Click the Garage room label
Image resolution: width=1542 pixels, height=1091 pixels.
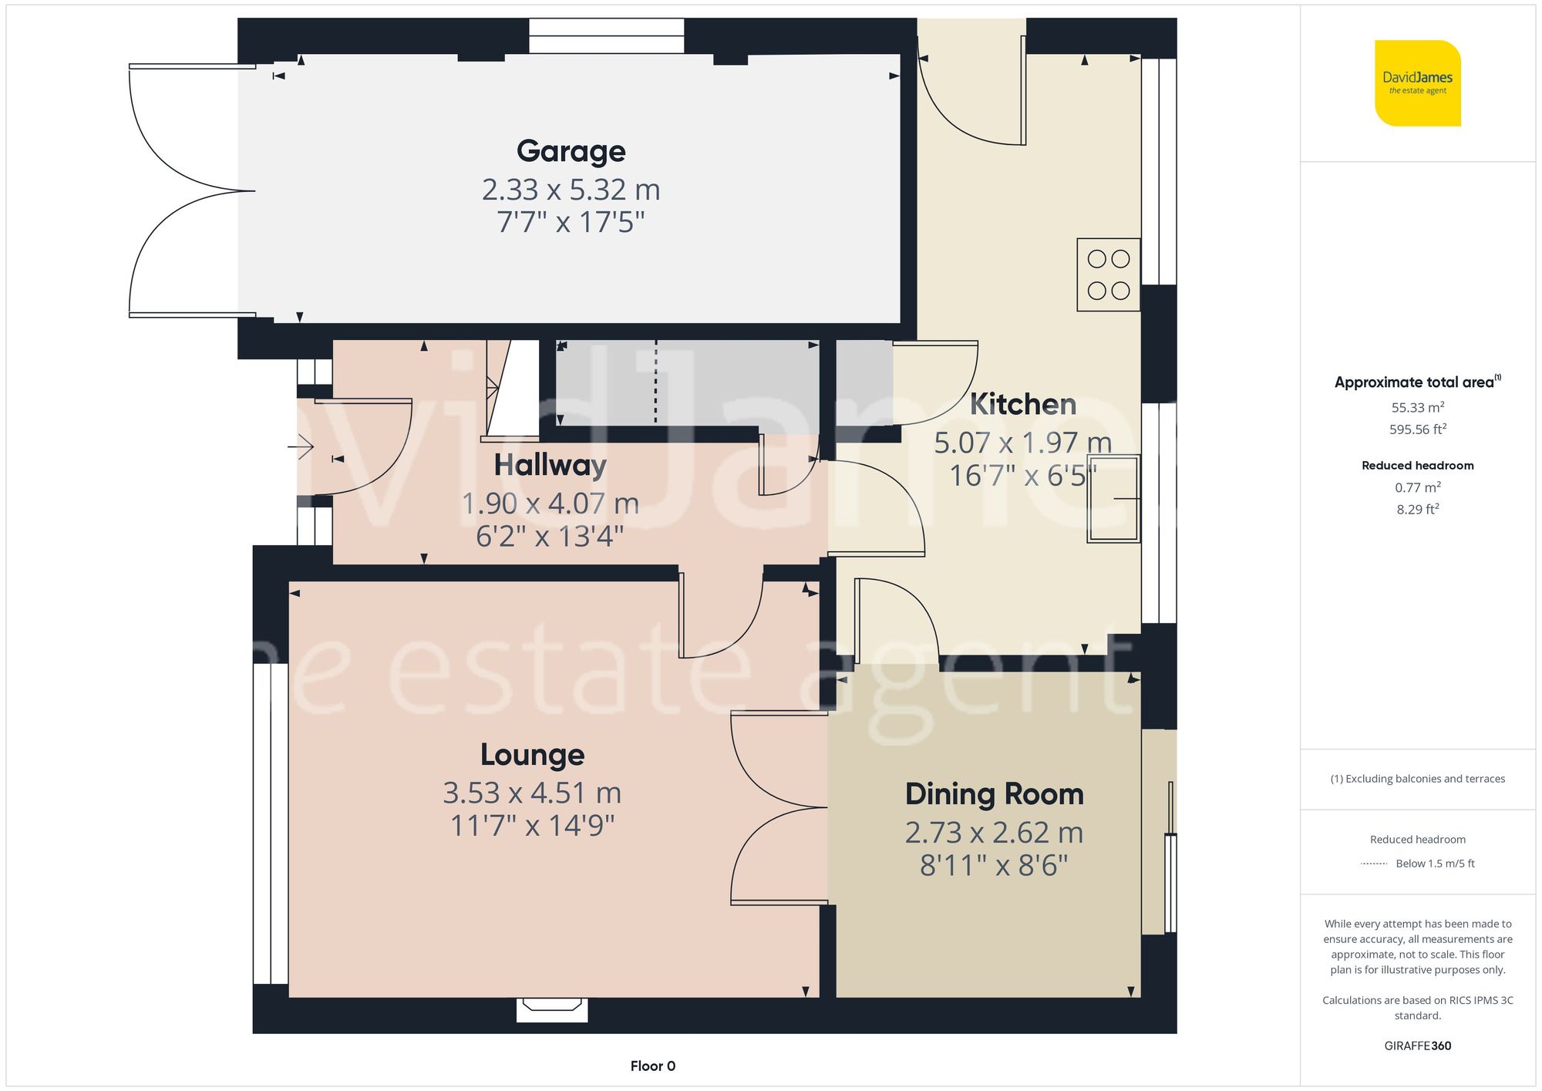[x=571, y=151]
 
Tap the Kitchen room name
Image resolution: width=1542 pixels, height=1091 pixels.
[x=1022, y=404]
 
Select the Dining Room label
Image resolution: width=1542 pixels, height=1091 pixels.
[x=994, y=794]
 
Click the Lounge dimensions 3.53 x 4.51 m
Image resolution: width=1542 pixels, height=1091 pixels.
[x=532, y=793]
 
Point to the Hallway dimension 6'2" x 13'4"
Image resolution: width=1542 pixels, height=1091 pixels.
[x=550, y=536]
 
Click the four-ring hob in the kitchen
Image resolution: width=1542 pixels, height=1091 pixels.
[x=1108, y=274]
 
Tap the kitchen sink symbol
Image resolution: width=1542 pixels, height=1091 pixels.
[x=1113, y=499]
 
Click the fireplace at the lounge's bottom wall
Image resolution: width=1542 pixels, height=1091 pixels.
[x=552, y=1008]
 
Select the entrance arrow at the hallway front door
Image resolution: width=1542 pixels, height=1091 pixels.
[x=302, y=446]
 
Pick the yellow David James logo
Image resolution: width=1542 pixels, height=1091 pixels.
[x=1417, y=83]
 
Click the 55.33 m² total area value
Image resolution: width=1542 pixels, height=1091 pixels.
[x=1417, y=407]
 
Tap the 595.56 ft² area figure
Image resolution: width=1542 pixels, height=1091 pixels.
[x=1417, y=429]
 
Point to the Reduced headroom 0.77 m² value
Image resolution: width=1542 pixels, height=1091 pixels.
[x=1417, y=487]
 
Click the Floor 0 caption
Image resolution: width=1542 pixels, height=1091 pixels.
[x=652, y=1066]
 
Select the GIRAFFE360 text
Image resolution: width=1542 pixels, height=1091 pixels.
[x=1417, y=1046]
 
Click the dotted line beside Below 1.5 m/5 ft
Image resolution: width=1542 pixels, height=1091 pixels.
[x=1374, y=864]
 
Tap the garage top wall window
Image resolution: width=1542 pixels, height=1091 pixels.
[x=606, y=35]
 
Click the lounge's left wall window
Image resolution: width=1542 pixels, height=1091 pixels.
[x=270, y=823]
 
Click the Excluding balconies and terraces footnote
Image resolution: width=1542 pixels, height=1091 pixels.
[x=1417, y=779]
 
